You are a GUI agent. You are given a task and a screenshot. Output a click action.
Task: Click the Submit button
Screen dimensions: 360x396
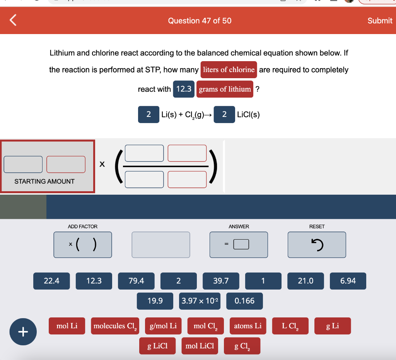[x=379, y=21]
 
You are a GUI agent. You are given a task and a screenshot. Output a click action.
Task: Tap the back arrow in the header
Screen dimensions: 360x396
[x=13, y=20]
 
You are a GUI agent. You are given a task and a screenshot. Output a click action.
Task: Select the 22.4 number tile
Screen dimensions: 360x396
[x=51, y=281]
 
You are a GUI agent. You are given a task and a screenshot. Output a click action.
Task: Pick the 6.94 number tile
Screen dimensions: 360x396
[x=348, y=281]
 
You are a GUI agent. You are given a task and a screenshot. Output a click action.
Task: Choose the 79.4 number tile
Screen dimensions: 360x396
[x=136, y=281]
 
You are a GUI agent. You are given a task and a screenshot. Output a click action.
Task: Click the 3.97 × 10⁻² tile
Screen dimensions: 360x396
[x=200, y=301]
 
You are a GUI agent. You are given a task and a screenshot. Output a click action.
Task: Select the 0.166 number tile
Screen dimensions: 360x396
[x=244, y=301]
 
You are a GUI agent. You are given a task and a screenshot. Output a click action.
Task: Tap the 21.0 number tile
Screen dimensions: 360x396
[x=306, y=281]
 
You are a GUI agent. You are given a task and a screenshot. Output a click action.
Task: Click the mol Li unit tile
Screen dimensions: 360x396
[x=67, y=326]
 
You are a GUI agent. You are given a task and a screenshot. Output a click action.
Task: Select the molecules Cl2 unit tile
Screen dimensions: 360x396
[x=115, y=326]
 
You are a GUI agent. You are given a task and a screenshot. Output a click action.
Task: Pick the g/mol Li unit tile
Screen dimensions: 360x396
[x=163, y=326]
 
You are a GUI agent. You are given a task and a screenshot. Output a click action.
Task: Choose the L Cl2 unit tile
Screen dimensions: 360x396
[x=290, y=326]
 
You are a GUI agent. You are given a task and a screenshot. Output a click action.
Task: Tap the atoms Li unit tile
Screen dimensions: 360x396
[x=247, y=326]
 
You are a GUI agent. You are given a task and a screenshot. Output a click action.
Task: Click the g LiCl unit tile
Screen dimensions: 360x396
[x=157, y=346]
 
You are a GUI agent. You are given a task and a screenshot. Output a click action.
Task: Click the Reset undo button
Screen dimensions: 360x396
[x=317, y=245]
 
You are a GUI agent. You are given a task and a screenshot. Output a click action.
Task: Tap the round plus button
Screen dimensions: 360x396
[x=23, y=332]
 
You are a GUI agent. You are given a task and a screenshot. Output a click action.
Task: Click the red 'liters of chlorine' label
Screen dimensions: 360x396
[x=229, y=70]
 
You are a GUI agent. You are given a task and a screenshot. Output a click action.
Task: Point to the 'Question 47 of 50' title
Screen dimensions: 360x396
[x=200, y=21]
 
